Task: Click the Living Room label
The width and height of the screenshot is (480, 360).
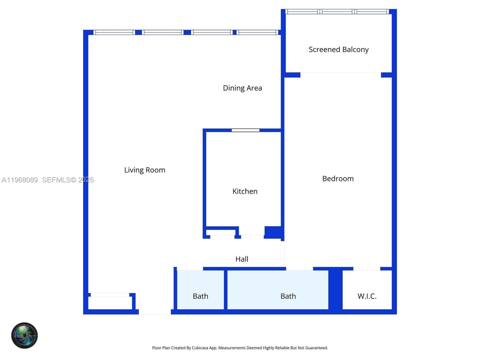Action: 145,170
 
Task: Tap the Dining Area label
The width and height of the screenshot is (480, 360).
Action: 242,88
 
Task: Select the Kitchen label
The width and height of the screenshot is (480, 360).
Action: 245,191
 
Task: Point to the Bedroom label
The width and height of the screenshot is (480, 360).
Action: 338,179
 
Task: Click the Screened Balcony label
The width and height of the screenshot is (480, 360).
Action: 338,49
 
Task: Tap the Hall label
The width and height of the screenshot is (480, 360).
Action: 242,259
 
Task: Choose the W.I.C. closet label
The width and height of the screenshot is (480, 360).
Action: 367,296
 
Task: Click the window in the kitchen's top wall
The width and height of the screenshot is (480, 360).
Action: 245,130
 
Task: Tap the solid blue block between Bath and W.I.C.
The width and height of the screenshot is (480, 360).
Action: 335,290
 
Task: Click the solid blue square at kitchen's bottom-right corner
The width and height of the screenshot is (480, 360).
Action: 273,232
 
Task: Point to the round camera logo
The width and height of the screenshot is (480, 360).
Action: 25,335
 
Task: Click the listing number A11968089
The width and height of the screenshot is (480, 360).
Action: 20,180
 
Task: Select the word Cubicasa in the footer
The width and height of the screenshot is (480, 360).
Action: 200,348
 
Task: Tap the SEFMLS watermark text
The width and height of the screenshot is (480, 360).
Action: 56,180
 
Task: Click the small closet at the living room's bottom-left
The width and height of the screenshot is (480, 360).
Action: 110,302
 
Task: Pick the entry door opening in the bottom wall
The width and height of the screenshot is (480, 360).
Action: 155,312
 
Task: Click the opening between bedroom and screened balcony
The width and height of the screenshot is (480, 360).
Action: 340,75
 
